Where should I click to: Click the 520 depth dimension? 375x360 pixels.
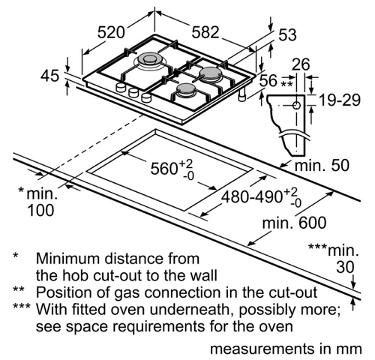pyautogui.click(x=111, y=32)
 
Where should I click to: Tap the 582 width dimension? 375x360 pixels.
pyautogui.click(x=205, y=32)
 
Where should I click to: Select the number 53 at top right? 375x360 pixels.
pyautogui.click(x=287, y=34)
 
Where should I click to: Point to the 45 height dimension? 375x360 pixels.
pyautogui.click(x=50, y=76)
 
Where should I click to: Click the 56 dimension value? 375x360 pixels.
pyautogui.click(x=268, y=80)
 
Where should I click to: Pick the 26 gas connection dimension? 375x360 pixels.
pyautogui.click(x=301, y=64)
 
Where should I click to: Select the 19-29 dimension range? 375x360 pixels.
pyautogui.click(x=340, y=100)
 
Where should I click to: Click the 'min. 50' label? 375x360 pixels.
pyautogui.click(x=322, y=165)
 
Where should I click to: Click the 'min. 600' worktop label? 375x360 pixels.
pyautogui.click(x=294, y=223)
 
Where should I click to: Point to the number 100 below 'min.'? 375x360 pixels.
pyautogui.click(x=40, y=210)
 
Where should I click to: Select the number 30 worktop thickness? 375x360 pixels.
pyautogui.click(x=345, y=267)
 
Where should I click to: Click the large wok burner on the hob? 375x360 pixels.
pyautogui.click(x=149, y=60)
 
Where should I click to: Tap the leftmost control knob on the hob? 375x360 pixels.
pyautogui.click(x=121, y=87)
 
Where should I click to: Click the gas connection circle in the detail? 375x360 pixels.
pyautogui.click(x=296, y=106)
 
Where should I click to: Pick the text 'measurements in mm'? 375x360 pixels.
pyautogui.click(x=286, y=349)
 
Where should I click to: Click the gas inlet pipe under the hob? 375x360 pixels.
pyautogui.click(x=242, y=95)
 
